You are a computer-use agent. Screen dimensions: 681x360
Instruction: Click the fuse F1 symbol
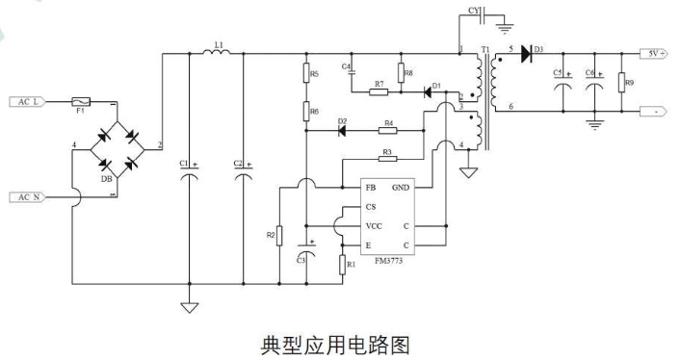pos(81,102)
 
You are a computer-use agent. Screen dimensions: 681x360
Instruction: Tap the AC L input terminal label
pos(27,102)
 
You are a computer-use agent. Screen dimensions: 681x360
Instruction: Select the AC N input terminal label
pos(27,197)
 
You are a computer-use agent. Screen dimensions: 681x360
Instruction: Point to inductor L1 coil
pos(217,52)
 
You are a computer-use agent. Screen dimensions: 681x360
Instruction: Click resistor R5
pos(306,72)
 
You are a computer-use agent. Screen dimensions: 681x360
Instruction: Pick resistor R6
pos(306,111)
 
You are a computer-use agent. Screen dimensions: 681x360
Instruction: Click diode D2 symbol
pos(342,130)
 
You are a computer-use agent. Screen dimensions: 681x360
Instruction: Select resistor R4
pos(388,130)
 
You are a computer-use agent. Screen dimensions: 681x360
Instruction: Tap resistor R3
pos(387,159)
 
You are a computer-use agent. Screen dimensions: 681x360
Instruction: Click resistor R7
pos(379,92)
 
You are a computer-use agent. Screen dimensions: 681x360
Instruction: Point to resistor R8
pos(401,72)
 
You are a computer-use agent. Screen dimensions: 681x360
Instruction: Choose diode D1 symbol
pos(428,92)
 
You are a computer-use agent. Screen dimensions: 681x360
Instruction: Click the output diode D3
pos(526,54)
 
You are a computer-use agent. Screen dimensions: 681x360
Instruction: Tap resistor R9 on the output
pos(621,83)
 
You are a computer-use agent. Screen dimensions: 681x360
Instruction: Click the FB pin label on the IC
pos(371,188)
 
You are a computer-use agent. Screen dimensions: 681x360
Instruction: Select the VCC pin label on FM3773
pos(374,226)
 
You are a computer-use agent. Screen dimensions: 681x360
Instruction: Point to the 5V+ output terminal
pos(654,54)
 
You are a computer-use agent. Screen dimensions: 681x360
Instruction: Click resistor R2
pos(279,236)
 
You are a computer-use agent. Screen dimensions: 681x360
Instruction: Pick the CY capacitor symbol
pos(483,15)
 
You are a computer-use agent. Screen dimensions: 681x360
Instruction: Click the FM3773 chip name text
pos(388,261)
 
